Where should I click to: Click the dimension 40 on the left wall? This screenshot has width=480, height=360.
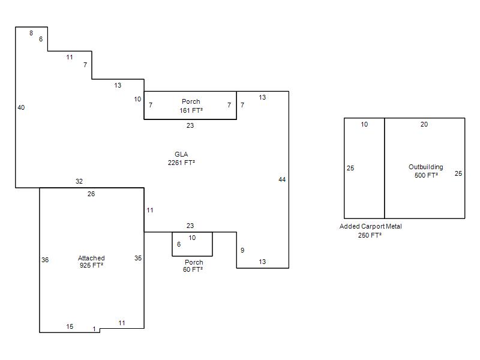coord(21,107)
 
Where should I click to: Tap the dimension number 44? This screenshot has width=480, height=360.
coord(282,179)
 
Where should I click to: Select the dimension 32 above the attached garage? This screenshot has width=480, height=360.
coord(79,181)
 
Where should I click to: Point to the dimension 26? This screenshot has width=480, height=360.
coord(91,194)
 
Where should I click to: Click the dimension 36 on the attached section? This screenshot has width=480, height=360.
coord(45,260)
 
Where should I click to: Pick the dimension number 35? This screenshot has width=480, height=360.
coord(138,258)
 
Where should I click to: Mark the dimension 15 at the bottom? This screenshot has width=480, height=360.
coord(70,326)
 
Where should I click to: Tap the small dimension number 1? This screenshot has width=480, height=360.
coord(94,329)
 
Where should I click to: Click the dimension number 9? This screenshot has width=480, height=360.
coord(242,250)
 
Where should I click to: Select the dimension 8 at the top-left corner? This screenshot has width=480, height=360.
coord(31,33)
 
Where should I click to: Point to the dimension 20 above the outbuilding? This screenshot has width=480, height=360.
coord(424,124)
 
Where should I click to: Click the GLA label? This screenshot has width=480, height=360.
coord(181,154)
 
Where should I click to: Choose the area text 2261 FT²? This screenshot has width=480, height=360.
coord(181,163)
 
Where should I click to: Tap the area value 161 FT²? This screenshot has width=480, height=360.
coord(191,110)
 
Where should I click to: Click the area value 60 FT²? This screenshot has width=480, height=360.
coord(193,269)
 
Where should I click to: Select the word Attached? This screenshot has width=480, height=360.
coord(91,258)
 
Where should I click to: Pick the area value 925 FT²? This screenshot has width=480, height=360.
coord(91,265)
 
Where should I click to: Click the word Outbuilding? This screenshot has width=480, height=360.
coord(426,167)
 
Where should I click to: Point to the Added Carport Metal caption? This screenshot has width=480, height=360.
coord(371,227)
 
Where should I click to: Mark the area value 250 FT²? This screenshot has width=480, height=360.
coord(370,235)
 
